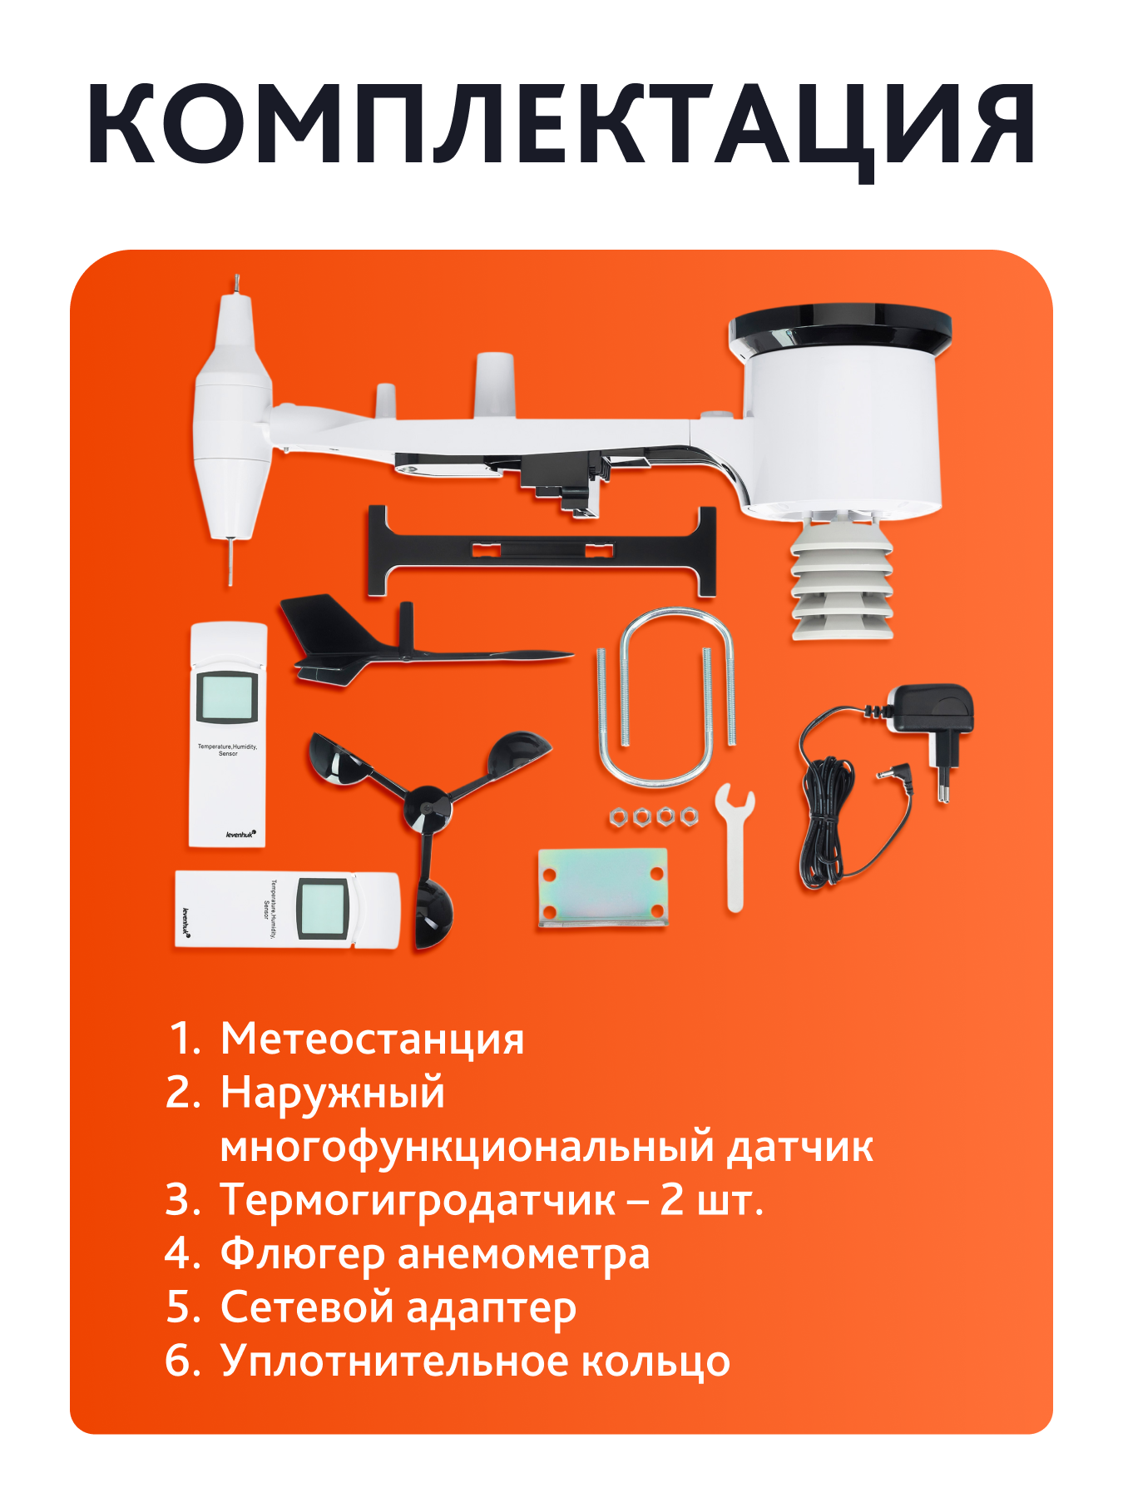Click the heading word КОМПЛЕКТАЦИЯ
tap(561, 125)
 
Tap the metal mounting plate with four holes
tap(602, 887)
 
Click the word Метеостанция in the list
tap(372, 1039)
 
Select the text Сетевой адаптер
tap(398, 1307)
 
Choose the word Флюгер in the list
tap(301, 1254)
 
